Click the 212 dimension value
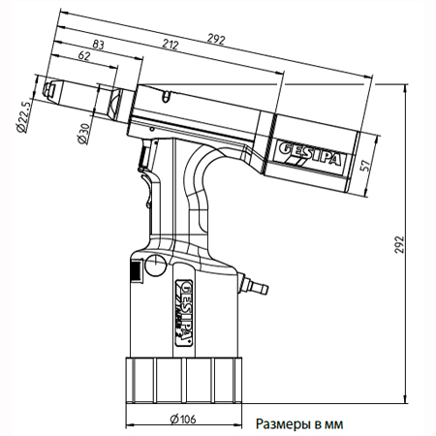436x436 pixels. click(x=171, y=45)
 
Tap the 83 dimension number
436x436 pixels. click(x=98, y=45)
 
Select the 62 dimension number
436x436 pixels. click(x=84, y=55)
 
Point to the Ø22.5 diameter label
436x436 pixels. click(x=24, y=115)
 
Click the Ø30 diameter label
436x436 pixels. click(x=82, y=134)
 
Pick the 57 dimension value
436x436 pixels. click(x=364, y=166)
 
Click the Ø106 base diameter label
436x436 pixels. click(x=183, y=419)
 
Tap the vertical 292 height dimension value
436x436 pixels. click(x=400, y=244)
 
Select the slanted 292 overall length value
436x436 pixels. click(x=215, y=39)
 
